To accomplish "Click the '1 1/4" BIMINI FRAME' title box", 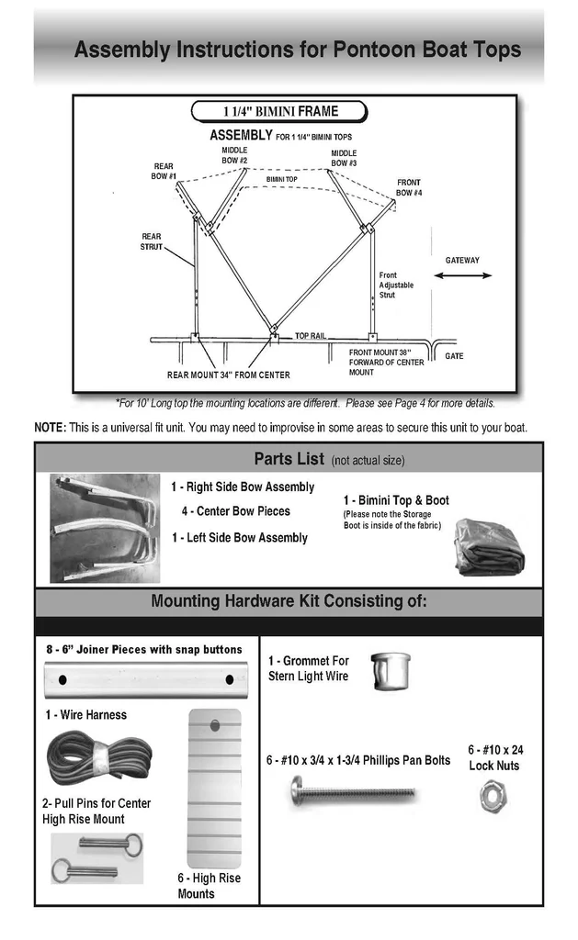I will (279, 112).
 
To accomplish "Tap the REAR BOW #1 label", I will (164, 171).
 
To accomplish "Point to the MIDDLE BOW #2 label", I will (234, 155).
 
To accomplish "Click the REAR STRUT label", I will (151, 241).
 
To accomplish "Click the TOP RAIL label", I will (310, 336).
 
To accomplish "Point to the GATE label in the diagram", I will (454, 355).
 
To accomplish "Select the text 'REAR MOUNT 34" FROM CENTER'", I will (228, 375).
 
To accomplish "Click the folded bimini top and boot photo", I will (489, 547).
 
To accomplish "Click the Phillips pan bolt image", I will (353, 791).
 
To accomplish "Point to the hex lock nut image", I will (493, 795).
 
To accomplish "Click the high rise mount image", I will (214, 787).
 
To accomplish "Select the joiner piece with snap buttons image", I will (146, 680).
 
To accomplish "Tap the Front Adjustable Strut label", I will (396, 285).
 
